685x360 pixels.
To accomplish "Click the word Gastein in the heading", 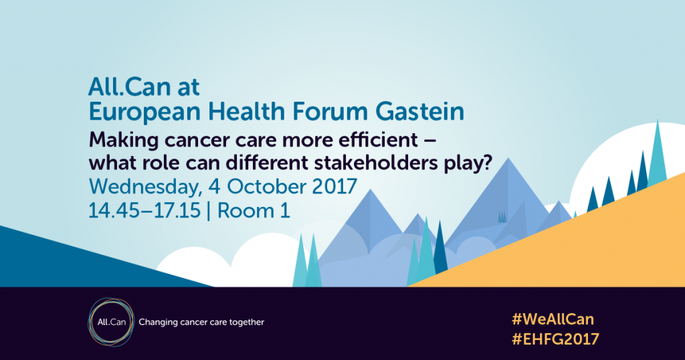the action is click(x=420, y=111).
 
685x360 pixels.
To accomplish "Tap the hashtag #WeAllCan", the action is click(x=553, y=319).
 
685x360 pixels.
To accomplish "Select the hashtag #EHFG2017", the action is click(x=555, y=339).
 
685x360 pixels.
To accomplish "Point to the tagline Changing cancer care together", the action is click(x=201, y=323).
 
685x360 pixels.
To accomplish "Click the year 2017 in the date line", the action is click(x=334, y=187).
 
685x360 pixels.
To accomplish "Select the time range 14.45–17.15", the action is click(x=144, y=211).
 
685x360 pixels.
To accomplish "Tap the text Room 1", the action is click(x=254, y=211).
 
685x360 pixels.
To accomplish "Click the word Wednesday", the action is click(x=145, y=187).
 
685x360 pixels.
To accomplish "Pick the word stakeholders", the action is click(x=376, y=163).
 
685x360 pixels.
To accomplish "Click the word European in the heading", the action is click(x=144, y=112).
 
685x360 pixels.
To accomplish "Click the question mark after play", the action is click(x=487, y=163).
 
